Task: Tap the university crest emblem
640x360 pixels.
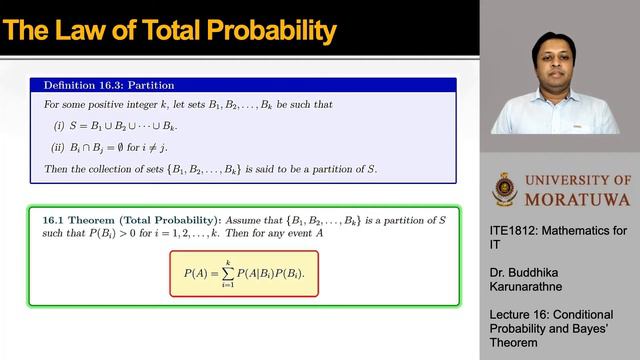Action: (x=506, y=190)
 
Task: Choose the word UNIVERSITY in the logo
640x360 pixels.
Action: (x=567, y=180)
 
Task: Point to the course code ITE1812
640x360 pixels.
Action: (x=514, y=230)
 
